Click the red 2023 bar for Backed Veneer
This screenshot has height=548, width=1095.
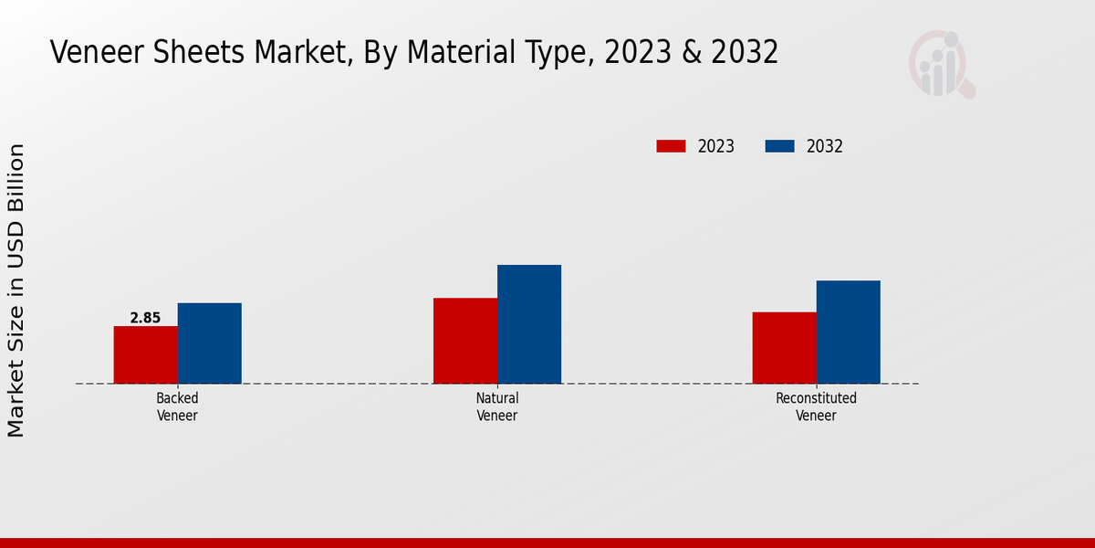(x=145, y=354)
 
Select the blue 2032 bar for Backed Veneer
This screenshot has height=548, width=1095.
(x=209, y=342)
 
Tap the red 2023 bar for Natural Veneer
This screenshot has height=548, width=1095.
(x=465, y=341)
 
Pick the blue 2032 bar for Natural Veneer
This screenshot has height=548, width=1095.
(x=529, y=324)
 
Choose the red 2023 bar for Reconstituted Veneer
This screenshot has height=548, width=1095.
(x=784, y=347)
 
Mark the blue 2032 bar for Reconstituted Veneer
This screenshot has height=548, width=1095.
(x=848, y=332)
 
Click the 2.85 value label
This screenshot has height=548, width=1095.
(x=145, y=318)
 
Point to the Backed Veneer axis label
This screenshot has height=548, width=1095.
(x=177, y=406)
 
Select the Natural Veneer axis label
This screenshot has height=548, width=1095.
(x=497, y=406)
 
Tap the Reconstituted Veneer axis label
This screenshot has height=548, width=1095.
(x=816, y=406)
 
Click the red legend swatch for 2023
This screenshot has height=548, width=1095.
(x=671, y=146)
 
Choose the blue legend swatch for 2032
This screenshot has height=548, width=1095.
(x=779, y=146)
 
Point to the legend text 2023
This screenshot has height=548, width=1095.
(x=715, y=146)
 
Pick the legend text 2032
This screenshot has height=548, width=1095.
(x=824, y=146)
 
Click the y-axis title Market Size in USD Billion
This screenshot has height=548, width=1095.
(x=16, y=290)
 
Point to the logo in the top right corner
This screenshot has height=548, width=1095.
(x=941, y=64)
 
